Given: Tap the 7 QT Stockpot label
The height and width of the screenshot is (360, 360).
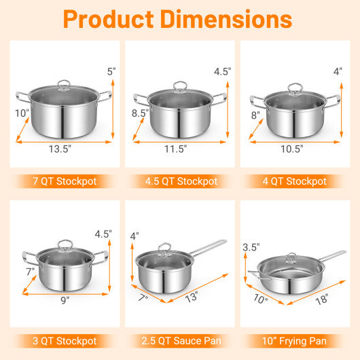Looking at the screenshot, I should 62,181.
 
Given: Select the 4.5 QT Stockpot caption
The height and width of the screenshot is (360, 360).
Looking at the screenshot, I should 180,181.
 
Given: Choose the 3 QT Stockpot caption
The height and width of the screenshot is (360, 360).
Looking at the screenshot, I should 62,341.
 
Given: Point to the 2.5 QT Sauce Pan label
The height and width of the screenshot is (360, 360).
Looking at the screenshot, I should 180,341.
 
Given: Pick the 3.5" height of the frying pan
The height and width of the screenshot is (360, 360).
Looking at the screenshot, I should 251,247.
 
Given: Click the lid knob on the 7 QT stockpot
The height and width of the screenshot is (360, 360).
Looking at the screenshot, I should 64,85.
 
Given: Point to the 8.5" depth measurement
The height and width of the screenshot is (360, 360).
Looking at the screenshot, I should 140,113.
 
